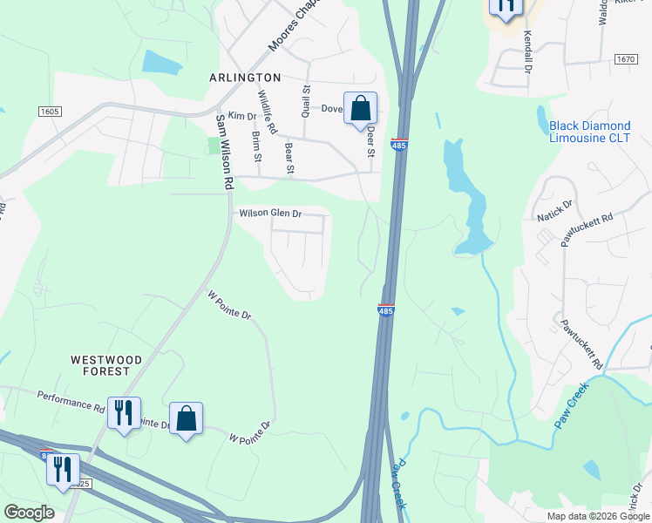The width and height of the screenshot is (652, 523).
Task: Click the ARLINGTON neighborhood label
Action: click(x=245, y=78)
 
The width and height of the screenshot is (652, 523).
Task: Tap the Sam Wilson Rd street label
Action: click(x=225, y=152)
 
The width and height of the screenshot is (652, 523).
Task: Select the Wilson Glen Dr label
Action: click(x=270, y=213)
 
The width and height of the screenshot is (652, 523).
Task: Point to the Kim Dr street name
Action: click(x=241, y=116)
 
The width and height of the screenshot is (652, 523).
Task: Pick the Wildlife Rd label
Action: click(x=268, y=113)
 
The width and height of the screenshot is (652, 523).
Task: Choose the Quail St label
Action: click(x=305, y=100)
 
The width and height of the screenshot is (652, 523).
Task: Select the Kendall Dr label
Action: click(x=527, y=51)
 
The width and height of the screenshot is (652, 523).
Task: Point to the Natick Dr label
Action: click(x=555, y=209)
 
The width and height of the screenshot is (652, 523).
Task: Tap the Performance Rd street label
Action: click(x=71, y=401)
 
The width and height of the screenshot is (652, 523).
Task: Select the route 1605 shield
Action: click(x=50, y=112)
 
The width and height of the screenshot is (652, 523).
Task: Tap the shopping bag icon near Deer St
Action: click(x=360, y=109)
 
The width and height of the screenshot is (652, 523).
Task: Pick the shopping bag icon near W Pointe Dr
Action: click(x=187, y=419)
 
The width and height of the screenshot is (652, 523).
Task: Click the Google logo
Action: click(x=29, y=513)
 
